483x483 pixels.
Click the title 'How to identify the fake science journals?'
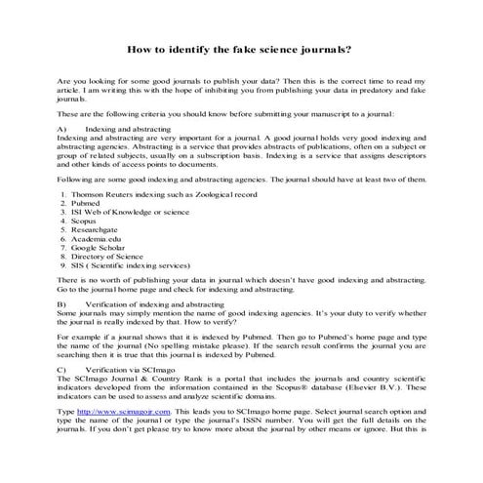click(241, 48)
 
